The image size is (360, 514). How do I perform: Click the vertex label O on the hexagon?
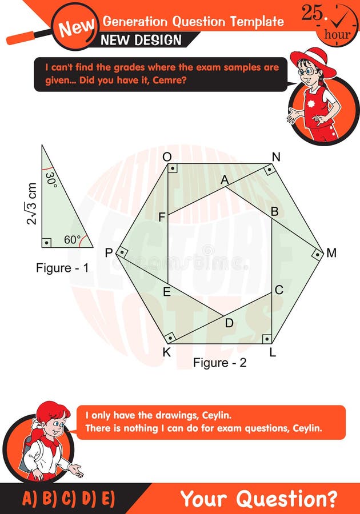[167, 157]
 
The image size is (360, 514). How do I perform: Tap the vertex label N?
[276, 157]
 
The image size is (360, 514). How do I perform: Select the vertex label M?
[331, 252]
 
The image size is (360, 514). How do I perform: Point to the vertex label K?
[166, 352]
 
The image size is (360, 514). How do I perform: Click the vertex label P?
[109, 252]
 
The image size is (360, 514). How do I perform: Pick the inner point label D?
[229, 323]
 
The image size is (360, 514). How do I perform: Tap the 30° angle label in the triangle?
[51, 180]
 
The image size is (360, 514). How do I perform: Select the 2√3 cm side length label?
[32, 204]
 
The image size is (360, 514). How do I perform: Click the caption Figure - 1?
[62, 267]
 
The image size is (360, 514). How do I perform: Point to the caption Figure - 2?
[219, 363]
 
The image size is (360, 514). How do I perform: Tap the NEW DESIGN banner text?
[141, 40]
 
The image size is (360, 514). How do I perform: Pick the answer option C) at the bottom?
[69, 499]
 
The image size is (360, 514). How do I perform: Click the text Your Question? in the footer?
[258, 499]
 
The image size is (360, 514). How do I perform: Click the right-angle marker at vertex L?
[267, 339]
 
